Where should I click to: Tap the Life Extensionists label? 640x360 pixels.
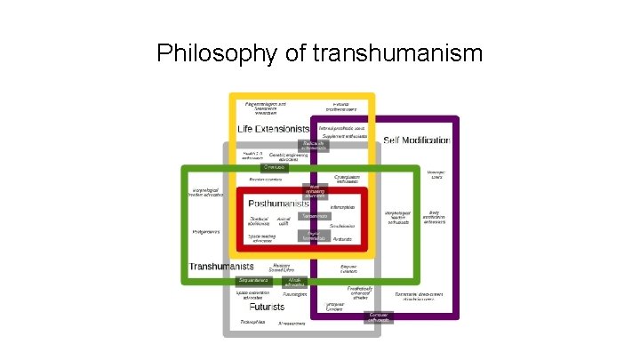[273, 129]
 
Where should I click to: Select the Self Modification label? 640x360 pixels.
[417, 140]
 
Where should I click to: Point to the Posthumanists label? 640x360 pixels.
[278, 204]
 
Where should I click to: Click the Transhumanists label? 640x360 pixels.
[220, 266]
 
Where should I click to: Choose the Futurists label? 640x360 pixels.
[267, 307]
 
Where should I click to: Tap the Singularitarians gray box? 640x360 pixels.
[252, 281]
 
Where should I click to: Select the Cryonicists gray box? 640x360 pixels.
[275, 166]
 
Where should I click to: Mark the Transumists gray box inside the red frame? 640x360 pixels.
[315, 216]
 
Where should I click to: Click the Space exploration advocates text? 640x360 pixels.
[253, 295]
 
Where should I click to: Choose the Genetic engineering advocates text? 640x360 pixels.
[289, 155]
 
